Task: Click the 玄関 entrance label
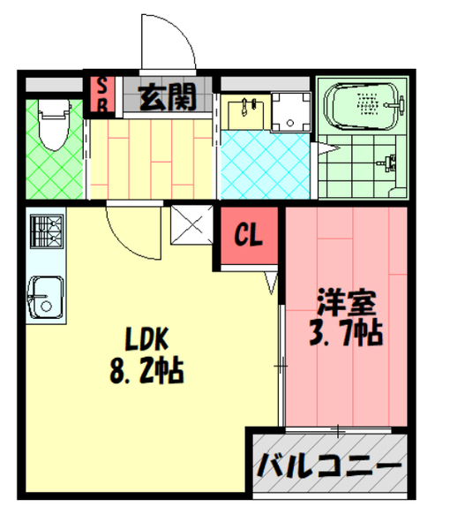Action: pyautogui.click(x=168, y=95)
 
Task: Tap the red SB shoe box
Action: pyautogui.click(x=102, y=95)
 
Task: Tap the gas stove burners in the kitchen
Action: pyautogui.click(x=43, y=231)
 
